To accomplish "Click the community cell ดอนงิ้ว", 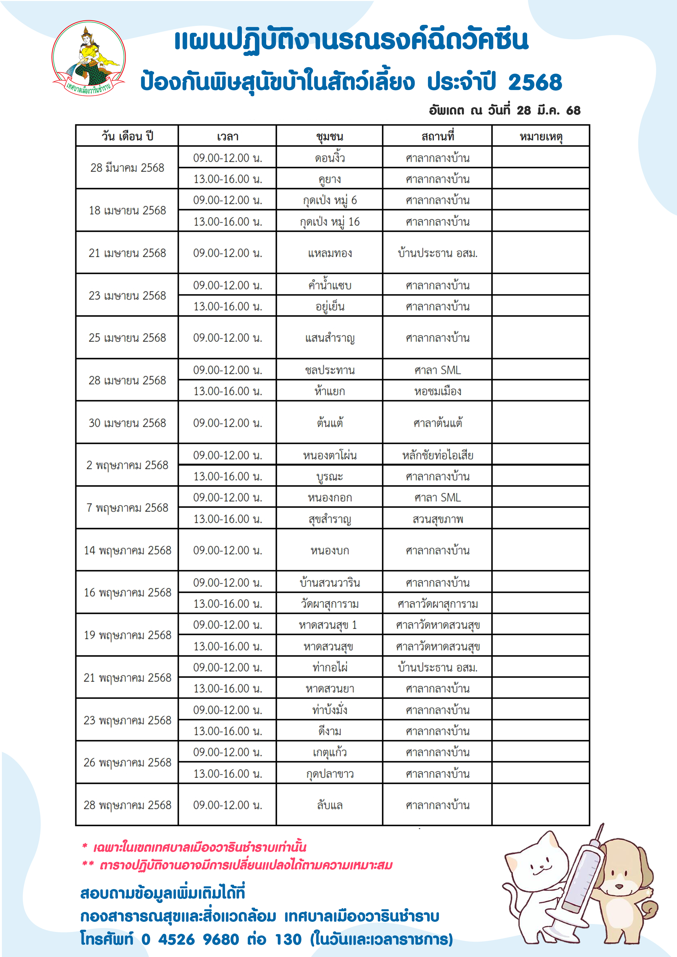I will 329,158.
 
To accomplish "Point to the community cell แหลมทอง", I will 329,253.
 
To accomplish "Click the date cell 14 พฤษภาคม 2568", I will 127,551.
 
